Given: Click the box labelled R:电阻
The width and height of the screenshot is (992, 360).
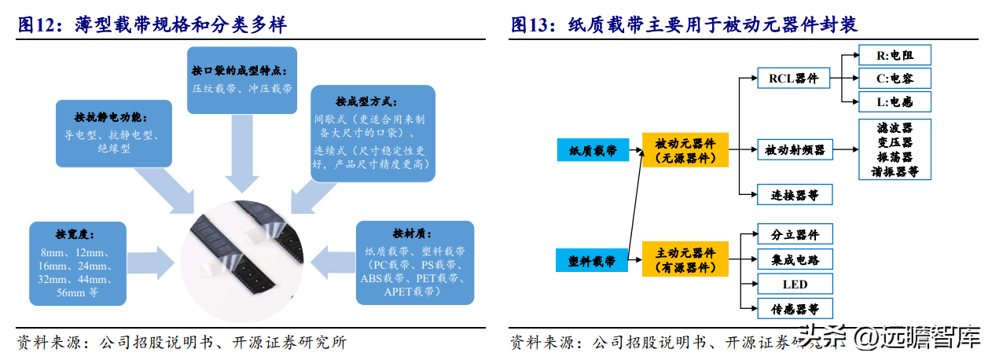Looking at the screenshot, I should (893, 54).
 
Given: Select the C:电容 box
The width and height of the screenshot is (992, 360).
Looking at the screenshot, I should (893, 78).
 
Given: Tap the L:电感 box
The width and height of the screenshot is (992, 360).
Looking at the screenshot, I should (893, 101).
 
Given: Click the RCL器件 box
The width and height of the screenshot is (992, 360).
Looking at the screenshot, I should (793, 78).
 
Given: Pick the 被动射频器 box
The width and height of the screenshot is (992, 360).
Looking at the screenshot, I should (795, 149).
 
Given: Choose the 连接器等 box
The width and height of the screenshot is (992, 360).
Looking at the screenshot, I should (793, 193).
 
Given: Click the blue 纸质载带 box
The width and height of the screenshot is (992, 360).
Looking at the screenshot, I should (593, 150).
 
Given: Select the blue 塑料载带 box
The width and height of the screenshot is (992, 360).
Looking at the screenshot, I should (592, 260).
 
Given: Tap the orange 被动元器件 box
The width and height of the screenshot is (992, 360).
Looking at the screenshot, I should (685, 150).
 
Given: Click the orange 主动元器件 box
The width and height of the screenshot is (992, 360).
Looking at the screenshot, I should (685, 260).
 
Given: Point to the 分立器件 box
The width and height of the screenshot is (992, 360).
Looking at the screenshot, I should (794, 234).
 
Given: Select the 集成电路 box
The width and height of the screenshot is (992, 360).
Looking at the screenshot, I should (794, 259).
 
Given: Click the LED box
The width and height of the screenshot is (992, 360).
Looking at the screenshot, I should (794, 284).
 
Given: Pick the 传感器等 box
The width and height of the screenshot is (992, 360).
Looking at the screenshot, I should (794, 308).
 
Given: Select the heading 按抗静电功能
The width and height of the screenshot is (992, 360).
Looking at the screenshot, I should (113, 117).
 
